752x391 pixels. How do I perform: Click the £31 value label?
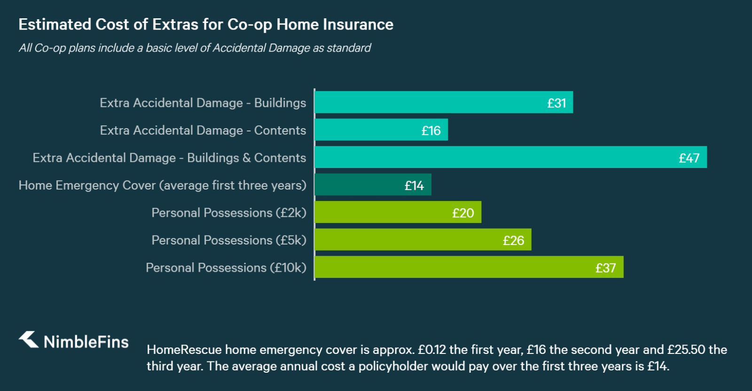(x=556, y=103)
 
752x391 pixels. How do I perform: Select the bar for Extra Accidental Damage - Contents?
(x=381, y=130)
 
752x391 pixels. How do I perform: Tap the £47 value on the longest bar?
(x=689, y=158)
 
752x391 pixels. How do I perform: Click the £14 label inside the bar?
(x=414, y=186)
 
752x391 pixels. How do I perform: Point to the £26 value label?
(x=513, y=241)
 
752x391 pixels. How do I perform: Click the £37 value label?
(x=605, y=268)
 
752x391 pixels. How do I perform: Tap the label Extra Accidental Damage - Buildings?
(x=203, y=103)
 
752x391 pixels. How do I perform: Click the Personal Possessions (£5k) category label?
(x=228, y=240)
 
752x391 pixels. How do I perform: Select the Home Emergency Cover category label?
(x=162, y=185)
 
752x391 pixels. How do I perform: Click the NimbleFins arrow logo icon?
(x=29, y=339)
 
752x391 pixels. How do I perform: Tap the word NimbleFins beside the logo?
(x=86, y=342)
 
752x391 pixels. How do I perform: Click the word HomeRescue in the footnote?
(x=184, y=350)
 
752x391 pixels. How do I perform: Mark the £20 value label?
(x=463, y=213)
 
